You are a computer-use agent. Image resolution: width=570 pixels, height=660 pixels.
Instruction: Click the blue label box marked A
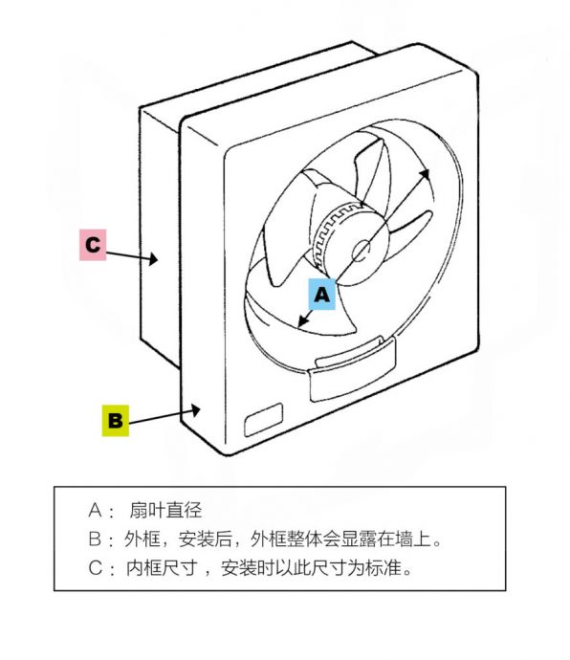322,294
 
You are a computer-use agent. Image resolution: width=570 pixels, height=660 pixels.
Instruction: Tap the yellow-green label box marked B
116,420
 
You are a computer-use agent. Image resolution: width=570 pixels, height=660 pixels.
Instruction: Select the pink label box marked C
93,245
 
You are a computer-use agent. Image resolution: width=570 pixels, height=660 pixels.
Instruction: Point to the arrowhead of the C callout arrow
153,259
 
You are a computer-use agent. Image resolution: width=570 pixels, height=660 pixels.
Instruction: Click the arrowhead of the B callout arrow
195,410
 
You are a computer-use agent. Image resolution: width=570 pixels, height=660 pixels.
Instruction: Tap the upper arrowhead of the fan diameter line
425,175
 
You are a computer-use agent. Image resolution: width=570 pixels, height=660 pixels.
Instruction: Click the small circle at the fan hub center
362,252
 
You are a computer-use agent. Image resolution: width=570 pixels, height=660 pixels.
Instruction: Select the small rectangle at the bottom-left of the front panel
264,420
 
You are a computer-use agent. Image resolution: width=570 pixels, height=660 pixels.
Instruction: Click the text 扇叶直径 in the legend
165,510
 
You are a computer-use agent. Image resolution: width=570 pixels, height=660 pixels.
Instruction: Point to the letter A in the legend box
95,511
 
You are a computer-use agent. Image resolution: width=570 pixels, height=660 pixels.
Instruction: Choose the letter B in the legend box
95,539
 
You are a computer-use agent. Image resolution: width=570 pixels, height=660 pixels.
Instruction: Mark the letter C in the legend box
95,568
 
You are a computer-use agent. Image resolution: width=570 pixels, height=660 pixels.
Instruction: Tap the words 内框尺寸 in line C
162,568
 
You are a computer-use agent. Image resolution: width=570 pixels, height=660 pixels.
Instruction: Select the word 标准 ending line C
384,568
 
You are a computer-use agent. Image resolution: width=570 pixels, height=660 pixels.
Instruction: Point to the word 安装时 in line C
248,568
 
